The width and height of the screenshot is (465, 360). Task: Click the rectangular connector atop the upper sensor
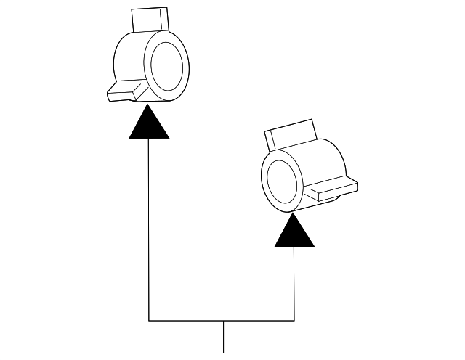pos(150,20)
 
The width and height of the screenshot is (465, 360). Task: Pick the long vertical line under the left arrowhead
pos(149,225)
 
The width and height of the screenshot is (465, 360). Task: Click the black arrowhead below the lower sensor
pos(294,234)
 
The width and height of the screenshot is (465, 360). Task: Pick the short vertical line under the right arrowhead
pos(294,283)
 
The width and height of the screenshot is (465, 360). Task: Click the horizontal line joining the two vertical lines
pos(189,320)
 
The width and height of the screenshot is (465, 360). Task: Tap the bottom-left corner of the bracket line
pos(149,320)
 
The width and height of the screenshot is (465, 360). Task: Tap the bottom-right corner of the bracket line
pos(294,320)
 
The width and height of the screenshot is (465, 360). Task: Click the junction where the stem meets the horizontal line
pos(222,320)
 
